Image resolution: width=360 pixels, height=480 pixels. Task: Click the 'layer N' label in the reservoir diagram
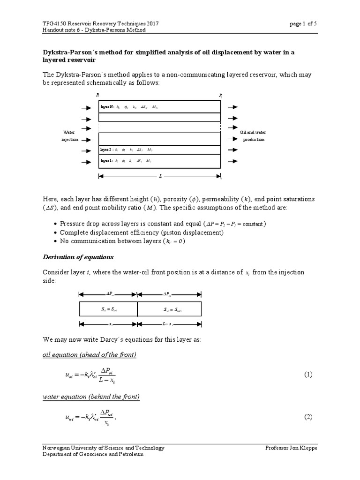click(107, 107)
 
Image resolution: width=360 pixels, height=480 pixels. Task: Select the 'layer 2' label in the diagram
click(106, 150)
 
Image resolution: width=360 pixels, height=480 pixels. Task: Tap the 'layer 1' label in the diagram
click(106, 161)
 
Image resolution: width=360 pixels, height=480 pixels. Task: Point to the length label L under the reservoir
click(160, 176)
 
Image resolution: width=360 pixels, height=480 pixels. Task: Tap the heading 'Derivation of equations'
click(78, 257)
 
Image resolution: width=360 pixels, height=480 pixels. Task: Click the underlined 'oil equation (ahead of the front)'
click(89, 355)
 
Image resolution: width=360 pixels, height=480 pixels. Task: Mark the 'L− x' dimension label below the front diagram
click(169, 324)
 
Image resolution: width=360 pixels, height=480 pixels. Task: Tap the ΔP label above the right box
click(166, 294)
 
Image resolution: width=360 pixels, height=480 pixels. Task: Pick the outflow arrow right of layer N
click(232, 107)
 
